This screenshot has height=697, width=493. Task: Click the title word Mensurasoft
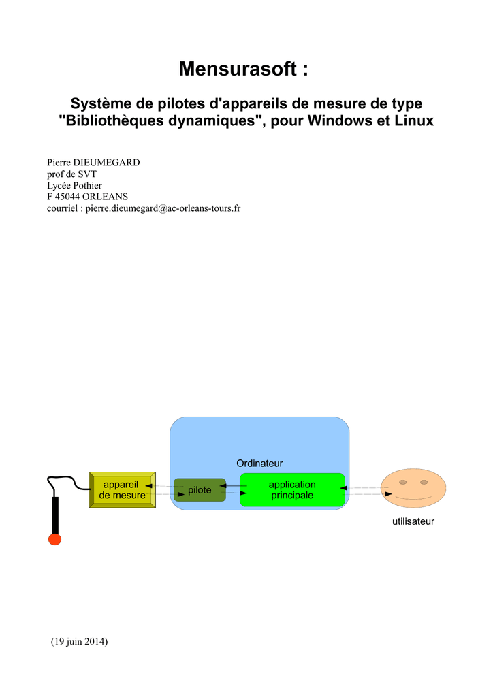238,69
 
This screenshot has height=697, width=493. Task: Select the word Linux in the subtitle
415,120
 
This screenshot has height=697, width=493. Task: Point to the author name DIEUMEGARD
106,162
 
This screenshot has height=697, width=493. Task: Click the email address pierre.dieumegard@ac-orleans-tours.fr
163,208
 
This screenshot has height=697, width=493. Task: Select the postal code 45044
67,197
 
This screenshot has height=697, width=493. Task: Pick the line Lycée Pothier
74,185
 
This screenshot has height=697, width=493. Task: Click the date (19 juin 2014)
79,641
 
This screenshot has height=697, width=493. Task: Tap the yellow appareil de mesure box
123,490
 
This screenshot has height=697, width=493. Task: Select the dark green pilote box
200,490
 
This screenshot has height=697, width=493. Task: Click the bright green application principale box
293,490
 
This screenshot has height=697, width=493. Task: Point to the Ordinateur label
259,463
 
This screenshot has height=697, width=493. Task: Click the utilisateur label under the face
413,521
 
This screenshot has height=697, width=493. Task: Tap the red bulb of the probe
54,539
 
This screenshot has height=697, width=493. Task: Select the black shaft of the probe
56,516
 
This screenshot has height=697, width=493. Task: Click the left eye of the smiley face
402,483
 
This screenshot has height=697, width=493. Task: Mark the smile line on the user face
413,498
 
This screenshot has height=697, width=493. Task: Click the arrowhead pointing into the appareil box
149,486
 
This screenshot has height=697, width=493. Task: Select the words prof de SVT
71,174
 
